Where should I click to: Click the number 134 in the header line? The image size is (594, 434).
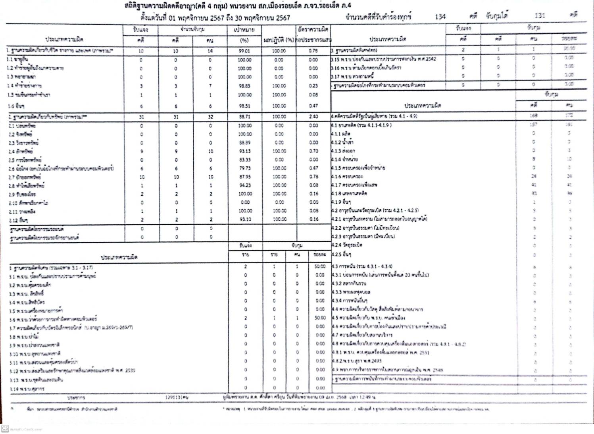440,17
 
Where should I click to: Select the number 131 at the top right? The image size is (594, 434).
540,15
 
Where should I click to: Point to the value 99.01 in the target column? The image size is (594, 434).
244,51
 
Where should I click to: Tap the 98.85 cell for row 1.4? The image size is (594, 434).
244,86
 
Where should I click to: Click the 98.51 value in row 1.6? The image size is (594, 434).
244,106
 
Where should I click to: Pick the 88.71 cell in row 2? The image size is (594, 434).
244,117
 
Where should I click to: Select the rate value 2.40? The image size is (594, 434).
313,117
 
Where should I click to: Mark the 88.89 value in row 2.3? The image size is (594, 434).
244,143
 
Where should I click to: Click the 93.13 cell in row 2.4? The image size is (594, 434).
244,151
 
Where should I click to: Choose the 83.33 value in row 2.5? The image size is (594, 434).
244,160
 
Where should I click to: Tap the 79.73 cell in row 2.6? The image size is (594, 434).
244,168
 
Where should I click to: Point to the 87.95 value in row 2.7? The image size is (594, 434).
244,177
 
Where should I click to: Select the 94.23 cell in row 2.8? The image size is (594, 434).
244,185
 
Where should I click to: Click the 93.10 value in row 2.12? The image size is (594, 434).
244,219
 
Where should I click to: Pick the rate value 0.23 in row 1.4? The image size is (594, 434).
313,86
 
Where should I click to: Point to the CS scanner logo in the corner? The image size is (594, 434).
5,428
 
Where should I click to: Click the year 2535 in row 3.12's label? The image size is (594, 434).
130,370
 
